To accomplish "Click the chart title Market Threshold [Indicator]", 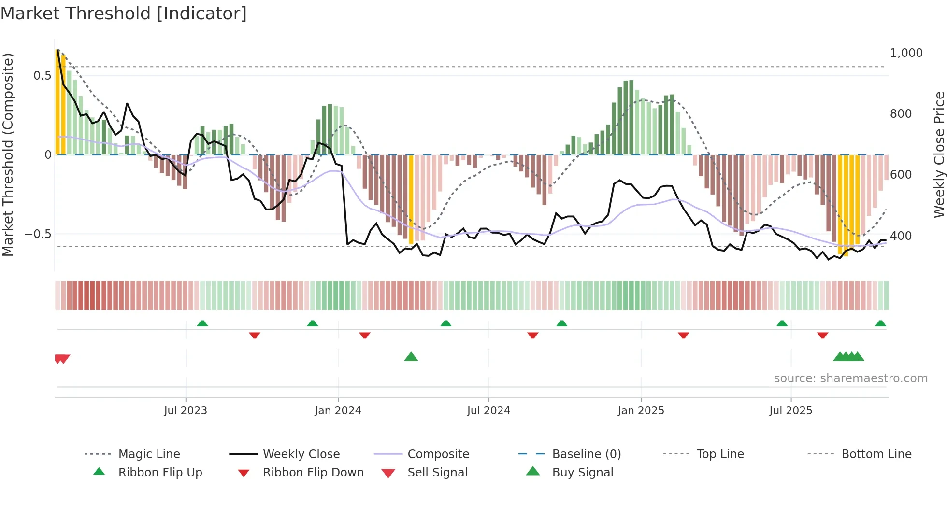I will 124,14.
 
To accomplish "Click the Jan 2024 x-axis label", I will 338,410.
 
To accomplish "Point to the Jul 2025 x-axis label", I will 790,410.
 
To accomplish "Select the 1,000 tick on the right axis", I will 906,53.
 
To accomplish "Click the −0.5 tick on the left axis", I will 38,234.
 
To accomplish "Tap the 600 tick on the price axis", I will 901,174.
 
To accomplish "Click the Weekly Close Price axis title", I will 939,154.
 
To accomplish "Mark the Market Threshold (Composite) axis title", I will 8,154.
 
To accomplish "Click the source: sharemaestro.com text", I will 850,378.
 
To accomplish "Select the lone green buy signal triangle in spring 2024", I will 411,357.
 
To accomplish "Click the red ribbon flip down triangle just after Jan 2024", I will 365,335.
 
